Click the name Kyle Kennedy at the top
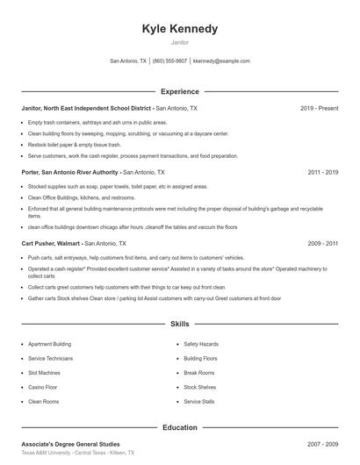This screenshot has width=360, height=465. click(x=179, y=29)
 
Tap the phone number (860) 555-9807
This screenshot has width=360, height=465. click(x=170, y=61)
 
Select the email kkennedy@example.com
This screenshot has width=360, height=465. click(x=221, y=61)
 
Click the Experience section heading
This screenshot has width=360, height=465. click(x=180, y=91)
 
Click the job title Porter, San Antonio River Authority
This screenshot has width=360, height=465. click(x=71, y=173)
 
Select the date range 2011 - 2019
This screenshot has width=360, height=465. click(x=322, y=173)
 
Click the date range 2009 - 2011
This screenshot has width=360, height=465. click(x=322, y=242)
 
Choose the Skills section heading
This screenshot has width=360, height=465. click(x=180, y=324)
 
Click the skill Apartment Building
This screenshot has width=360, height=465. click(x=50, y=345)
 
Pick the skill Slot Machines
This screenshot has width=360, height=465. click(x=45, y=373)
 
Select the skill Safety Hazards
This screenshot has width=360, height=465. click(x=201, y=345)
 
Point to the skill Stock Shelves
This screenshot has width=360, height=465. click(x=200, y=387)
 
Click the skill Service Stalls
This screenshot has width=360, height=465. click(x=199, y=401)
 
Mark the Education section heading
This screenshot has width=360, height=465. click(x=180, y=427)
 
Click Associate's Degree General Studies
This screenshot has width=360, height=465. click(x=70, y=444)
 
